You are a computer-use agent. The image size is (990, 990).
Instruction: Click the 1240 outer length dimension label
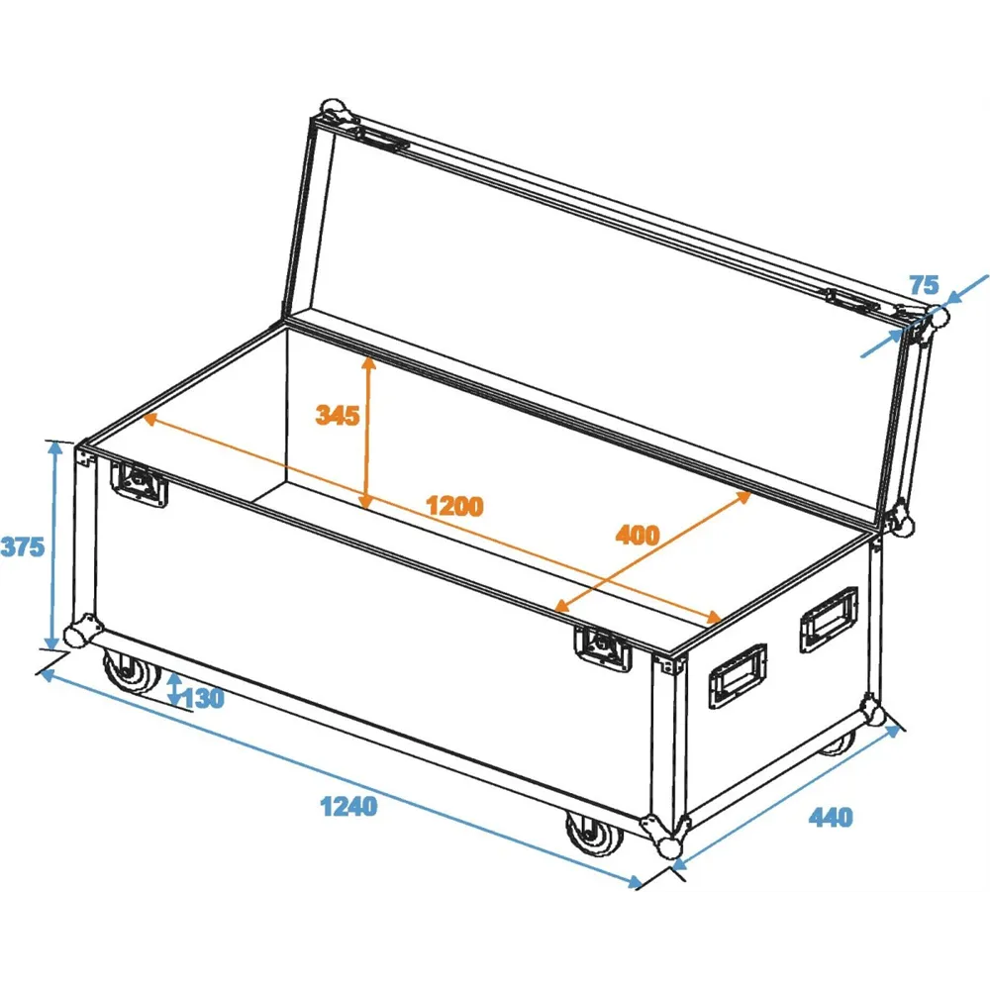pyautogui.click(x=348, y=806)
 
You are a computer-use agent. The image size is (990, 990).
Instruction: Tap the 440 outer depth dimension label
pyautogui.click(x=831, y=817)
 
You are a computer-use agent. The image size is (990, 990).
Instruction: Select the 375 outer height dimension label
pyautogui.click(x=23, y=546)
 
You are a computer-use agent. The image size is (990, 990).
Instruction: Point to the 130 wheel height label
pyautogui.click(x=203, y=698)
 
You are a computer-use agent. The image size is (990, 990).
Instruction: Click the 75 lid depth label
pyautogui.click(x=925, y=285)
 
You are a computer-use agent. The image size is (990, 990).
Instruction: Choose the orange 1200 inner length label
pyautogui.click(x=454, y=506)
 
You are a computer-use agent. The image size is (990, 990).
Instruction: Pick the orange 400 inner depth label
pyautogui.click(x=638, y=535)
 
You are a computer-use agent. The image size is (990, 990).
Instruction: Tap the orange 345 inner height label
pyautogui.click(x=338, y=415)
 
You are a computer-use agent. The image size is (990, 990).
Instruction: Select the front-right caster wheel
pyautogui.click(x=593, y=835)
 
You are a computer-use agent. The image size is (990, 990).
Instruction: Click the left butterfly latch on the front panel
pyautogui.click(x=139, y=484)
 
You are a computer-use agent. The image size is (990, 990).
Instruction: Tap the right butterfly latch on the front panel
pyautogui.click(x=603, y=648)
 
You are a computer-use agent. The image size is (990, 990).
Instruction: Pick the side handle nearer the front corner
pyautogui.click(x=738, y=676)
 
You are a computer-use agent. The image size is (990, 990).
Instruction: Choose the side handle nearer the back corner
pyautogui.click(x=829, y=619)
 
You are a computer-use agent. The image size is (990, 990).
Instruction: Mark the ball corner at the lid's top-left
pyautogui.click(x=335, y=112)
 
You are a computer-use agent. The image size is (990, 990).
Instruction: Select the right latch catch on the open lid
pyautogui.click(x=852, y=300)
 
